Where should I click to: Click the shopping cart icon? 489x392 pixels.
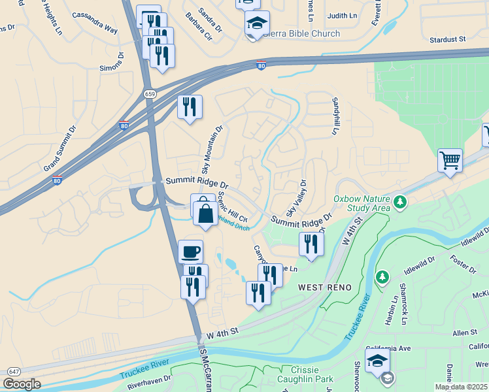click(450, 159)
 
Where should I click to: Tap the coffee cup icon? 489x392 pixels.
click(190, 252)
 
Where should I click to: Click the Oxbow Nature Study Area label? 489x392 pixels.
click(362, 204)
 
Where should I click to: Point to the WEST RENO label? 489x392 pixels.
click(326, 287)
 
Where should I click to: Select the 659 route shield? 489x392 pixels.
click(150, 94)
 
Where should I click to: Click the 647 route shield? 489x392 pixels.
click(13, 371)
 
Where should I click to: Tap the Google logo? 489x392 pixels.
click(22, 384)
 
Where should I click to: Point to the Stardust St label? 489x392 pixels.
click(447, 40)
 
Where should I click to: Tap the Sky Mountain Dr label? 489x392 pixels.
click(212, 150)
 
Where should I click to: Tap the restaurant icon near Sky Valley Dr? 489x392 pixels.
click(311, 244)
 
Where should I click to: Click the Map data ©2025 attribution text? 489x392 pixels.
click(461, 387)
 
